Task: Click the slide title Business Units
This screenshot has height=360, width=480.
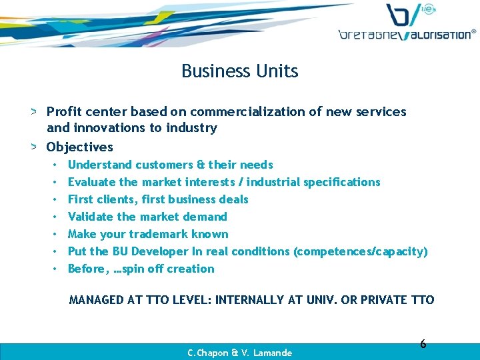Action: (239, 71)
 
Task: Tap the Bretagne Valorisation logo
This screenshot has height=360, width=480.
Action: (407, 23)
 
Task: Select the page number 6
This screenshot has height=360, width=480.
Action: (423, 344)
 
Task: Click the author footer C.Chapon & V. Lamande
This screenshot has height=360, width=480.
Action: (239, 353)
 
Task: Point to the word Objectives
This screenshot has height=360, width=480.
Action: (79, 147)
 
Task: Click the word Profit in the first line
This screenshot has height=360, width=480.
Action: (65, 111)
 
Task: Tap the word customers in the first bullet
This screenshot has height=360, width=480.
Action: (164, 165)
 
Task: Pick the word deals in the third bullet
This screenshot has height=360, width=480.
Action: (232, 199)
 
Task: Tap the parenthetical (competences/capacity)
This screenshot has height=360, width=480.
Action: (361, 251)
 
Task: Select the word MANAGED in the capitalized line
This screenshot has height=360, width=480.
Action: (96, 300)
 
